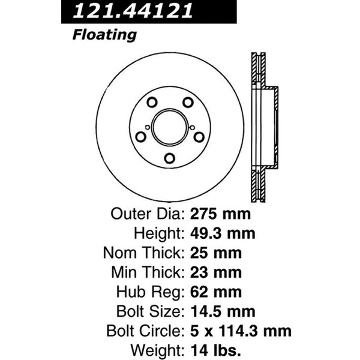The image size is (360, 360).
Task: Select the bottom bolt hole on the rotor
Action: [x=170, y=158]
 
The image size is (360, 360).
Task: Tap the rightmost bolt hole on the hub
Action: [x=200, y=137]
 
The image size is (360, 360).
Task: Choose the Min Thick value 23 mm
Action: [x=215, y=272]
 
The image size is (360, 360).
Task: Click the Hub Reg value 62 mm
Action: [x=215, y=292]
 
